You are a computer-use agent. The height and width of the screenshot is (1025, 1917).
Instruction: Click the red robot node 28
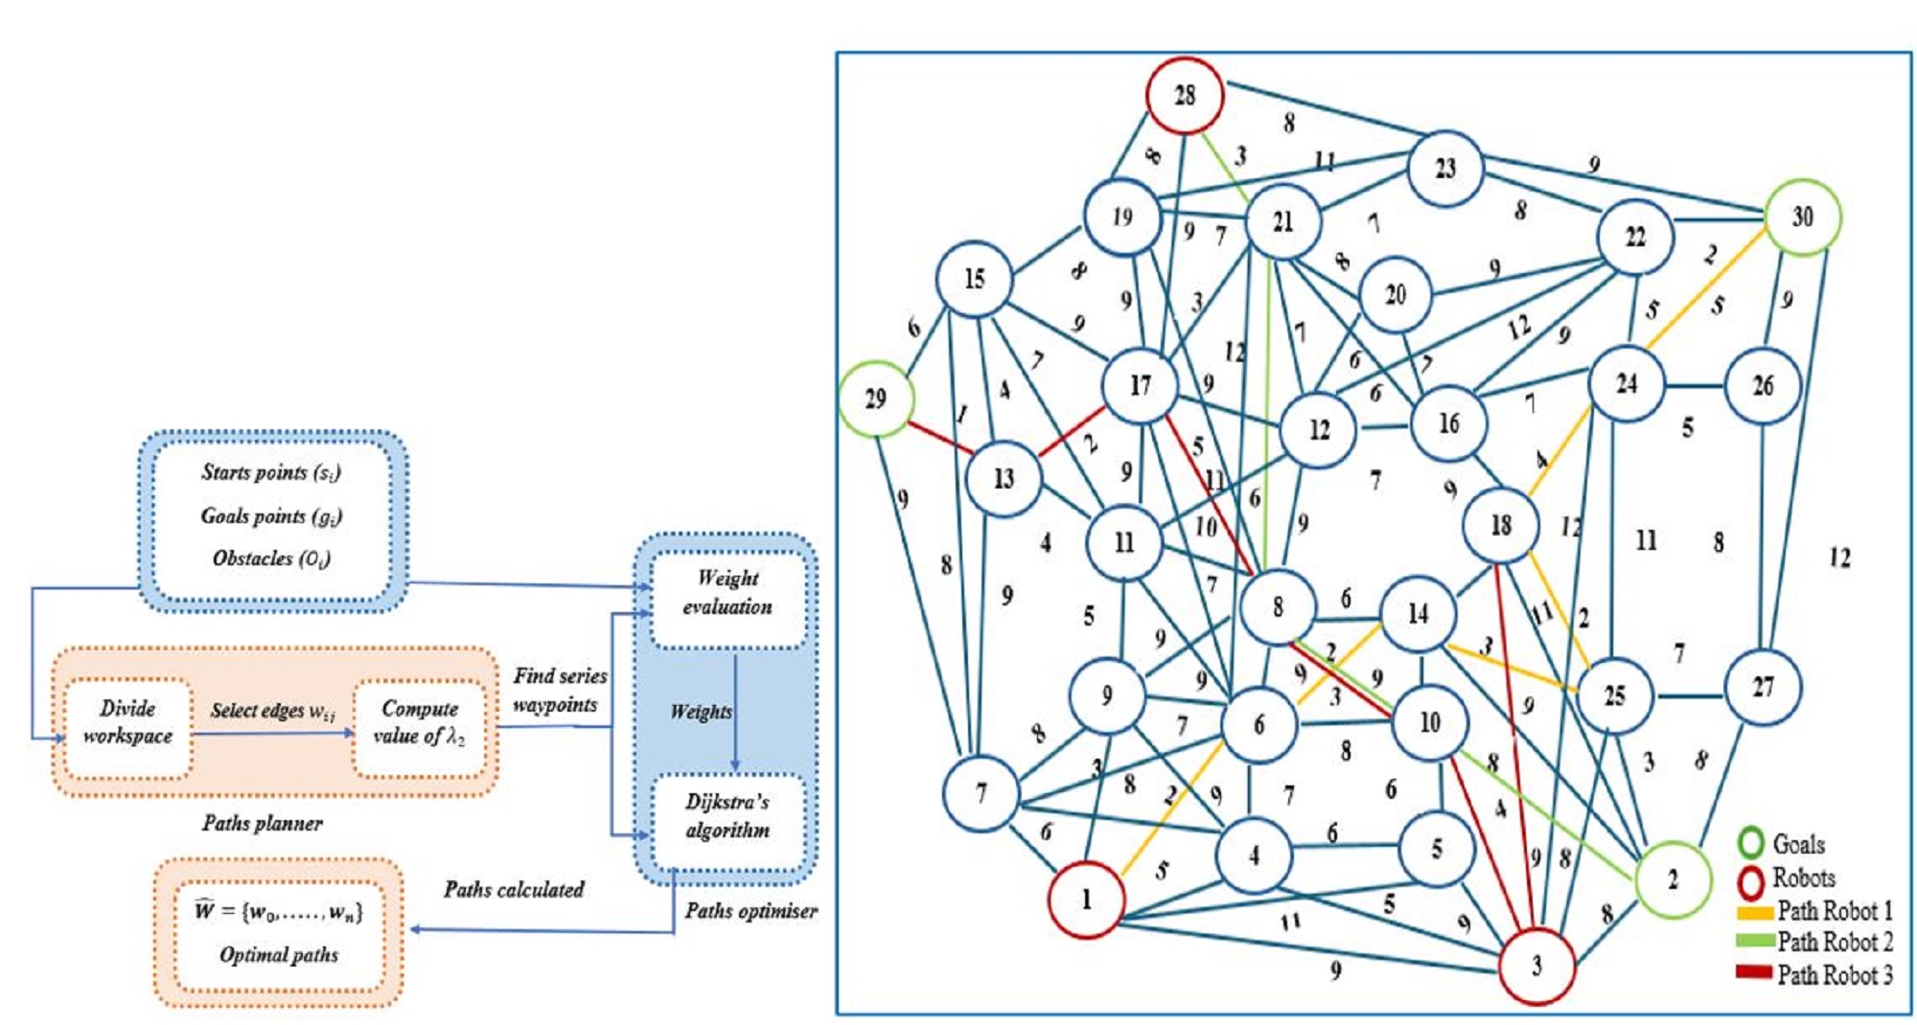(1185, 95)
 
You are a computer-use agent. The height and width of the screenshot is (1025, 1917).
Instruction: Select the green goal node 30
(1802, 217)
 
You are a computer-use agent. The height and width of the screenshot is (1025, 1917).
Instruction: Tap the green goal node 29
(876, 399)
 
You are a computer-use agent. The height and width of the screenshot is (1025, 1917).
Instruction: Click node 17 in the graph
(1140, 386)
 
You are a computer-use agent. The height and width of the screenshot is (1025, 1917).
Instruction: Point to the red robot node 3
(1536, 966)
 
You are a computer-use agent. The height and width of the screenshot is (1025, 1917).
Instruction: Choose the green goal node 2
(1673, 879)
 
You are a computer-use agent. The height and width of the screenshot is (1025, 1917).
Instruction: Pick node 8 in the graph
(1278, 606)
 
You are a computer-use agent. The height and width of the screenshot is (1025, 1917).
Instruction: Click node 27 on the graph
(1763, 687)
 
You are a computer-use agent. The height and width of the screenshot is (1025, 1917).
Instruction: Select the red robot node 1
(1086, 900)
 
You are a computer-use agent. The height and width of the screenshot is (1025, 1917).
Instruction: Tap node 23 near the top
(1445, 170)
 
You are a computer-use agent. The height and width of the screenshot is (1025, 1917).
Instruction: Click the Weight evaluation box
(728, 592)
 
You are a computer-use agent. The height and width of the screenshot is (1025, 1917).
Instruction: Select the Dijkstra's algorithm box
(728, 816)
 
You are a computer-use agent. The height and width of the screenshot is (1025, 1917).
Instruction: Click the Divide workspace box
(127, 722)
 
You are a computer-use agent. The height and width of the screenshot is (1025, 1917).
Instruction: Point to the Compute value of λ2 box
(419, 722)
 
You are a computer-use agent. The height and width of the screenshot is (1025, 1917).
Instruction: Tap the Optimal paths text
(279, 954)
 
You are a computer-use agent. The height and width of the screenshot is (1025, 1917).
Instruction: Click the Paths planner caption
(262, 823)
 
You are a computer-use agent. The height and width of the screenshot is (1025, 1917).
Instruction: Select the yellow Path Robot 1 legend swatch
(1754, 911)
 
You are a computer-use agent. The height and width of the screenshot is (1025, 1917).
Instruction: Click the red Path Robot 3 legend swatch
(1754, 973)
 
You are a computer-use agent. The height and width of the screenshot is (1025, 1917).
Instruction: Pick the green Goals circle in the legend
(1751, 843)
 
